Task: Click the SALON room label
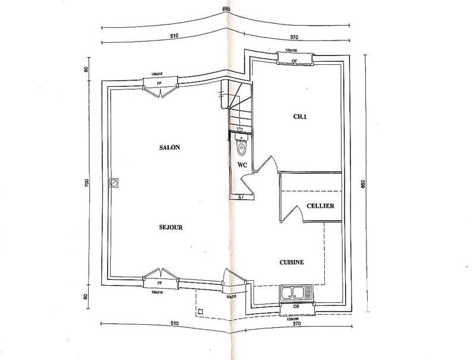pyautogui.click(x=170, y=147)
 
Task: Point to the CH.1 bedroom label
pyautogui.click(x=299, y=117)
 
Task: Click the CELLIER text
pyautogui.click(x=320, y=206)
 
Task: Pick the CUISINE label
pyautogui.click(x=292, y=262)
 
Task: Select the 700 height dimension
pyautogui.click(x=86, y=184)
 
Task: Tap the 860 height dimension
pyautogui.click(x=362, y=184)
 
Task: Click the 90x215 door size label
pyautogui.click(x=232, y=295)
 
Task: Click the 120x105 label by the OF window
pyautogui.click(x=292, y=51)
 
